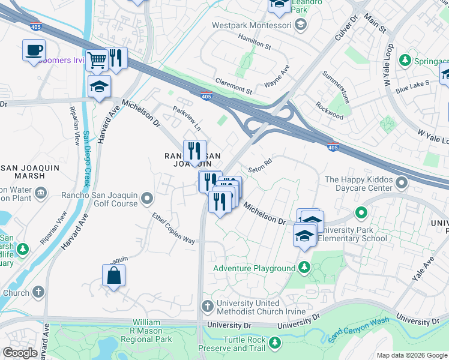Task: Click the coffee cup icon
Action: (34, 49)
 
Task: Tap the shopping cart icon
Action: (97, 59)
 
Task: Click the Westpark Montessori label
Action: (252, 25)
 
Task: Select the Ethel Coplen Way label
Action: (173, 228)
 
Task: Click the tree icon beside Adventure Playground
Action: (305, 268)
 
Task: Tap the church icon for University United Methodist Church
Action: (207, 307)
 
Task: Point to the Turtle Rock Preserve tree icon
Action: (275, 343)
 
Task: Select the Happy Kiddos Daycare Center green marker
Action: (361, 212)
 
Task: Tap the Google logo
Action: (20, 353)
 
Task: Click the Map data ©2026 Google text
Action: (411, 355)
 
